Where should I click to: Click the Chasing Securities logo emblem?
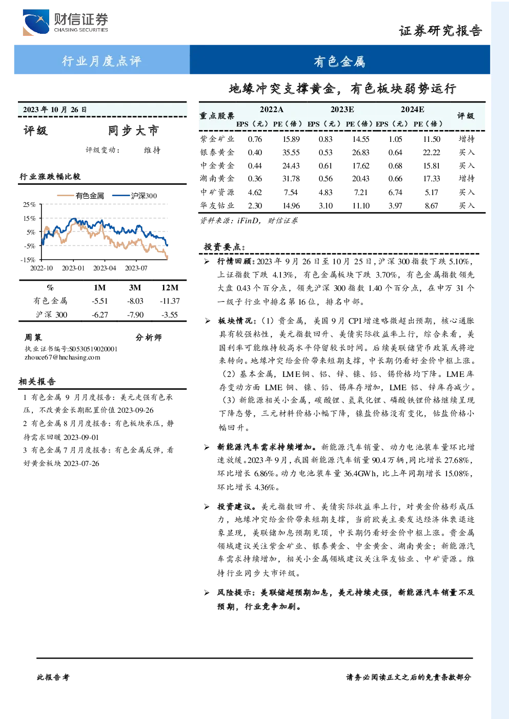(x=36, y=22)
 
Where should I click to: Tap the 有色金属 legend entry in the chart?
(x=80, y=196)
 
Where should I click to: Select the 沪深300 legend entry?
(x=135, y=196)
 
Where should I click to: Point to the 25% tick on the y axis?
(x=29, y=204)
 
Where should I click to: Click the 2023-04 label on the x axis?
(x=105, y=268)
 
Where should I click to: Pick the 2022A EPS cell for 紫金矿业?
(x=255, y=139)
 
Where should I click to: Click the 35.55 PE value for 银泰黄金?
(x=291, y=153)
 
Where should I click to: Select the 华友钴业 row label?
(x=217, y=205)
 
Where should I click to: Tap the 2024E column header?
(x=412, y=110)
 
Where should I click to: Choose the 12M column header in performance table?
(x=170, y=288)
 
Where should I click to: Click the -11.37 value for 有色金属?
(x=170, y=301)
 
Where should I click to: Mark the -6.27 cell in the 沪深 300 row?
(x=99, y=315)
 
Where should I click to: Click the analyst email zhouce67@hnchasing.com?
(x=63, y=357)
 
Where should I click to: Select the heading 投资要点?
(x=224, y=247)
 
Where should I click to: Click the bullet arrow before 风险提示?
(x=207, y=593)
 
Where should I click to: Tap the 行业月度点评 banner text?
(x=101, y=61)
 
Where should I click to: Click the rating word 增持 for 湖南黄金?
(x=466, y=178)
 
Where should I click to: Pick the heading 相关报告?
(x=37, y=382)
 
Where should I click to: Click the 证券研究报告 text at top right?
(x=440, y=31)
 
